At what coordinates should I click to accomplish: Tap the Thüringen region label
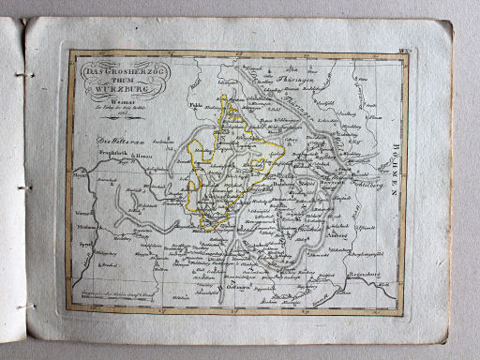tap(297, 82)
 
